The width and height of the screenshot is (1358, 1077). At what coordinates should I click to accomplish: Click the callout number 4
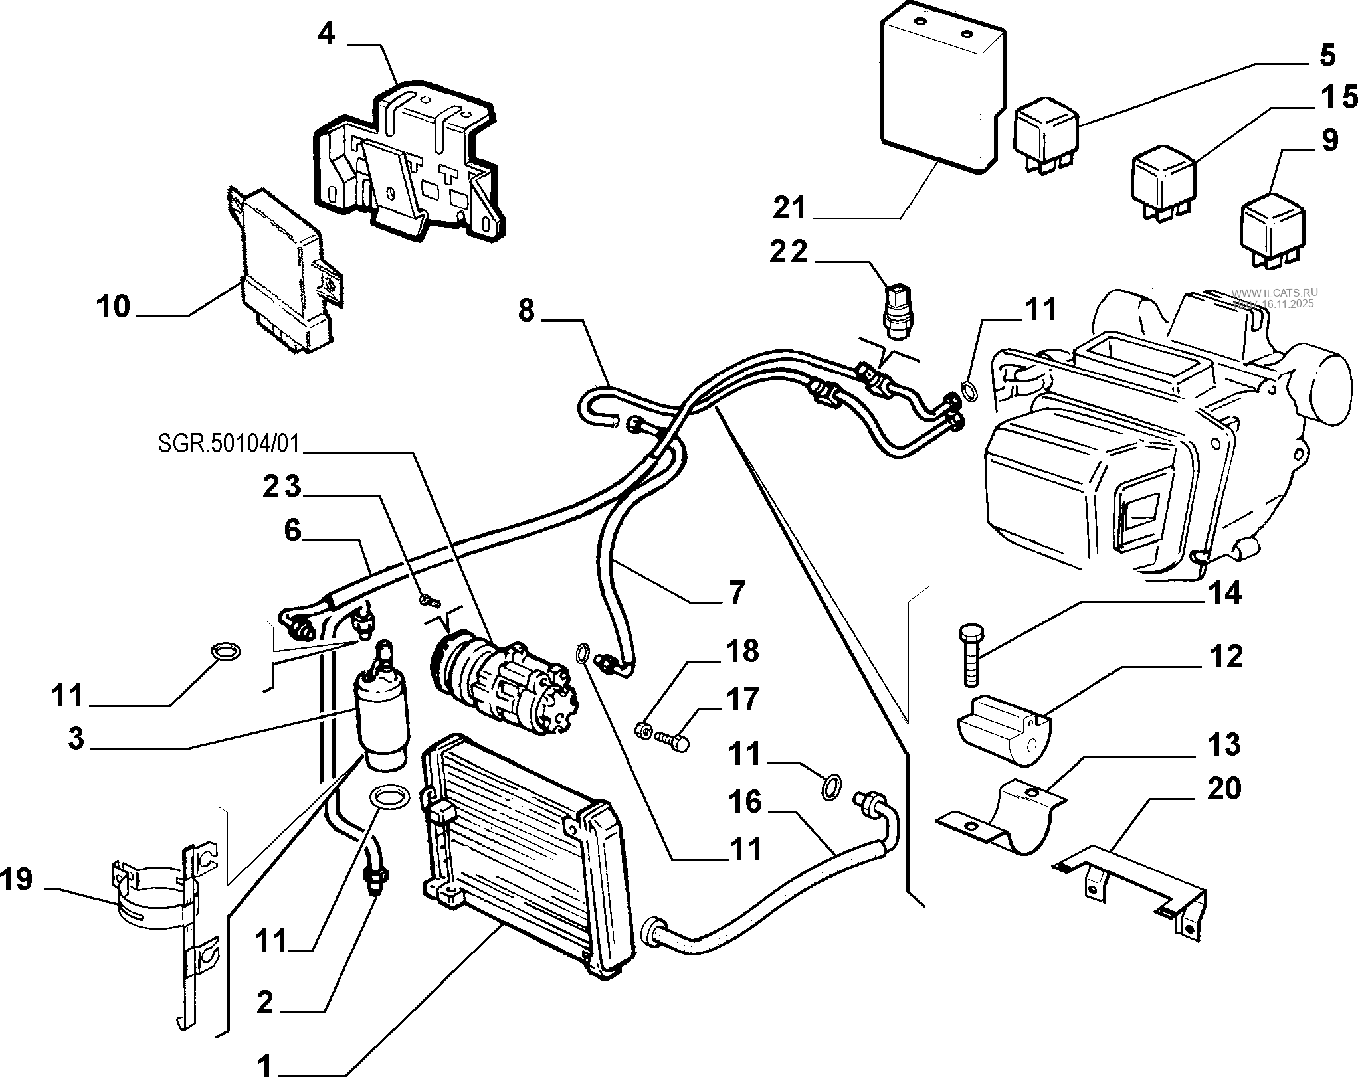pyautogui.click(x=326, y=33)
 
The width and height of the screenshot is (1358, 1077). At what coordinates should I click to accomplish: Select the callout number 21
pyautogui.click(x=789, y=208)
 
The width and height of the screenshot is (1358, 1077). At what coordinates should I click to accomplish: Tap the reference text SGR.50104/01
pyautogui.click(x=229, y=443)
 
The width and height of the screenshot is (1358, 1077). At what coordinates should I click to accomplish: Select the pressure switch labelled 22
pyautogui.click(x=898, y=306)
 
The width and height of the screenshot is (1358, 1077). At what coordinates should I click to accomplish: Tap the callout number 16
pyautogui.click(x=745, y=801)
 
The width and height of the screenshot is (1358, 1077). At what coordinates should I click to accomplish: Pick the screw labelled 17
pyautogui.click(x=672, y=739)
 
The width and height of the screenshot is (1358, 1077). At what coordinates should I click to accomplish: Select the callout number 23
pyautogui.click(x=282, y=488)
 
